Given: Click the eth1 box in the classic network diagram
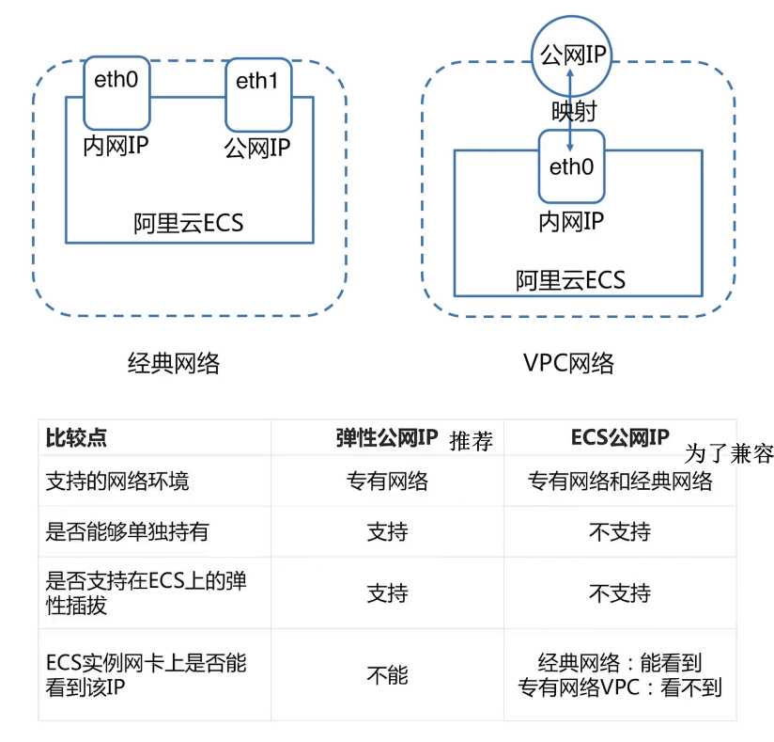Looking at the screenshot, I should pyautogui.click(x=257, y=95).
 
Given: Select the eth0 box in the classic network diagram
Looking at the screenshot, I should pyautogui.click(x=116, y=92).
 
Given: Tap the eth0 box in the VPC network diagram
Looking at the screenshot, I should pyautogui.click(x=572, y=166).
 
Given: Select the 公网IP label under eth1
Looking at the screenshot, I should pyautogui.click(x=256, y=148).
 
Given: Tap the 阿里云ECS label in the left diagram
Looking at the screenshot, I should pyautogui.click(x=189, y=223).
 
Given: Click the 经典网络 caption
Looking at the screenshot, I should pyautogui.click(x=174, y=362).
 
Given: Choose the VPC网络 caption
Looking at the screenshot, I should pyautogui.click(x=569, y=363).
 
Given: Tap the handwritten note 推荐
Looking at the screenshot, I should pyautogui.click(x=472, y=441).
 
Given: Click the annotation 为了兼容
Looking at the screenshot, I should pyautogui.click(x=729, y=453).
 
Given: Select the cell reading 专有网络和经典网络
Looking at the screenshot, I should pyautogui.click(x=620, y=482).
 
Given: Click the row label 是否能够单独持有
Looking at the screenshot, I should pyautogui.click(x=127, y=532).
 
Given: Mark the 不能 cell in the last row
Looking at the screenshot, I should pyautogui.click(x=387, y=674).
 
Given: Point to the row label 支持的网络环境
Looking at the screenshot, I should pyautogui.click(x=117, y=482).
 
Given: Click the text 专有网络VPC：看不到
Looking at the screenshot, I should pyautogui.click(x=620, y=687).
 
